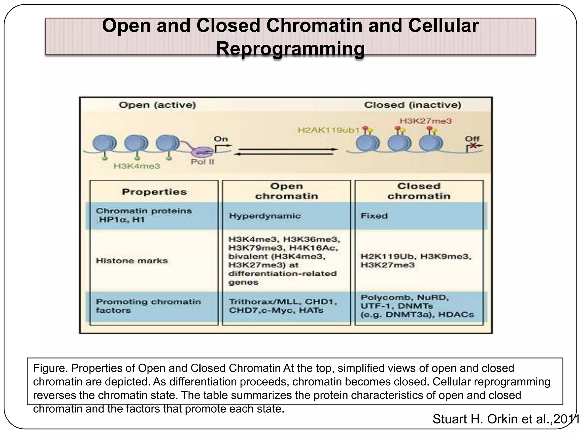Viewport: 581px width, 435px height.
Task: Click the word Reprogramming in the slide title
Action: [x=290, y=49]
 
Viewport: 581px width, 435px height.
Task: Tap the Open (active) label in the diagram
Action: [x=157, y=105]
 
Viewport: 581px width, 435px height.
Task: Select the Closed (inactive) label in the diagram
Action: [x=412, y=105]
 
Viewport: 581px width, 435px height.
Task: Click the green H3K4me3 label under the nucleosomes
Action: [x=137, y=166]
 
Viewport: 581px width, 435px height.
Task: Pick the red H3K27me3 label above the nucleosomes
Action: [x=426, y=121]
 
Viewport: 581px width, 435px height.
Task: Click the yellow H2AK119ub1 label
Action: [x=328, y=130]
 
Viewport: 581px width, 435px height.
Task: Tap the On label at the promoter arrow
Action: [x=221, y=139]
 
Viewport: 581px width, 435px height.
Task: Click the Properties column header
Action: [x=154, y=192]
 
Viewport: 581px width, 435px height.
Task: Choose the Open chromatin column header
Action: [x=286, y=191]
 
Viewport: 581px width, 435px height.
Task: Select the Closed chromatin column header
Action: [x=419, y=191]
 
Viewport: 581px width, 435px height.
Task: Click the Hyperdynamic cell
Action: [x=265, y=216]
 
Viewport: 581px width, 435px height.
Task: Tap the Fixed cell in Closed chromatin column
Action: [x=374, y=216]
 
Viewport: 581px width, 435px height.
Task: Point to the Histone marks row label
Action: [x=132, y=261]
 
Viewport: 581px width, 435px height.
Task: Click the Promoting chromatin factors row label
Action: [x=148, y=306]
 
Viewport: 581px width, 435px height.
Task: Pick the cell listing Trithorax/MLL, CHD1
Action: [x=283, y=306]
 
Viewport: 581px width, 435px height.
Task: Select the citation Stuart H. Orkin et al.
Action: [x=505, y=419]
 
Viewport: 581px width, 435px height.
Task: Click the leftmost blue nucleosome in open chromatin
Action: [x=104, y=143]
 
